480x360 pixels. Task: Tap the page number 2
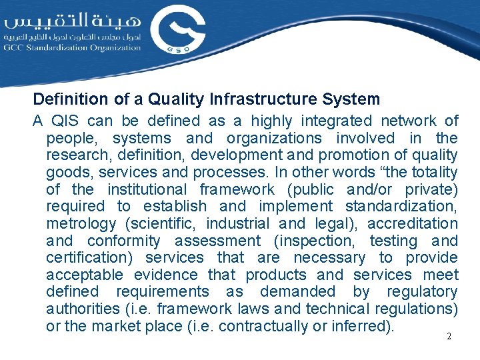pyautogui.click(x=449, y=337)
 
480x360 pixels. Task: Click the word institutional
pyautogui.click(x=148, y=189)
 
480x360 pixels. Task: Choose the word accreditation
pyautogui.click(x=412, y=223)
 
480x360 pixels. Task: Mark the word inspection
pyautogui.click(x=313, y=241)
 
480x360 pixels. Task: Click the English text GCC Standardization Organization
pyautogui.click(x=72, y=48)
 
